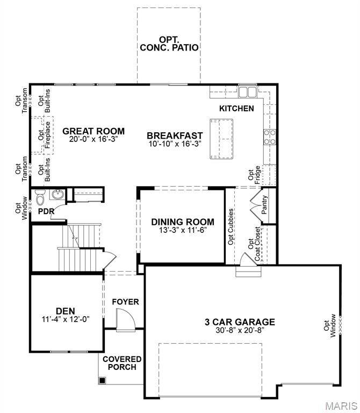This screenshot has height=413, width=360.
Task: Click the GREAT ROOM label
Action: [x=93, y=131]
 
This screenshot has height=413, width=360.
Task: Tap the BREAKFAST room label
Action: [x=175, y=136]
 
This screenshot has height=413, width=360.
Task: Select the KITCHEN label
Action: [x=236, y=108]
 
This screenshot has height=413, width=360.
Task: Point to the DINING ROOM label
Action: [x=183, y=222]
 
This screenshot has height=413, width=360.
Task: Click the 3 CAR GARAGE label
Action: [x=240, y=322]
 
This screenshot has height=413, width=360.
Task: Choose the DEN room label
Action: [x=65, y=310]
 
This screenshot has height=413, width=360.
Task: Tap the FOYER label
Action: [x=125, y=302]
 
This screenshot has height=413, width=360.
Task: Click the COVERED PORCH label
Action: [x=122, y=363]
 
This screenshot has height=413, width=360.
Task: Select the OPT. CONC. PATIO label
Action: [x=169, y=43]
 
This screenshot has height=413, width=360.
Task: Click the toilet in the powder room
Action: [x=40, y=198]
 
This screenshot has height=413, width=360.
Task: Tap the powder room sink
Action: [x=58, y=195]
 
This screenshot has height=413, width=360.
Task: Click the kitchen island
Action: [x=221, y=138]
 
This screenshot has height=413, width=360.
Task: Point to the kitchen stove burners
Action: [x=270, y=137]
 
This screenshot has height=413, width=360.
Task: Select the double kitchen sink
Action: [x=248, y=92]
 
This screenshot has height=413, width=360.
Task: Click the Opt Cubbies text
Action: [x=231, y=226]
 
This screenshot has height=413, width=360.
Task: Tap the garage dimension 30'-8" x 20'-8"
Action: [x=240, y=331]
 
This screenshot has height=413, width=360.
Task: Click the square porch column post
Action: [x=102, y=380]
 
